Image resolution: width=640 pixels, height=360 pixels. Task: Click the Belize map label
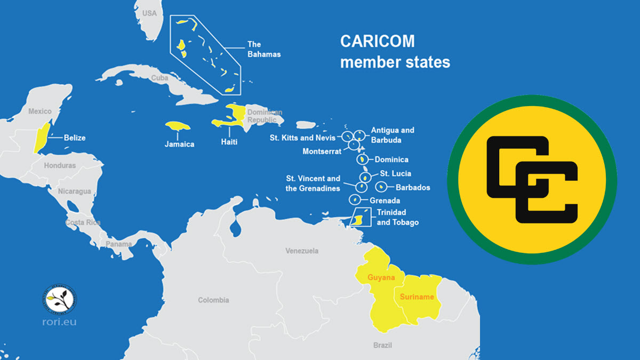[x=75, y=138]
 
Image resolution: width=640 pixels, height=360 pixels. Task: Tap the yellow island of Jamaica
[x=178, y=127]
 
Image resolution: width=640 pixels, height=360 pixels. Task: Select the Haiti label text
[x=229, y=142]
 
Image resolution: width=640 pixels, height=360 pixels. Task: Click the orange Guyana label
[x=381, y=278]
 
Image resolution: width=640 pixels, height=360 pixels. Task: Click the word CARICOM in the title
[x=377, y=42]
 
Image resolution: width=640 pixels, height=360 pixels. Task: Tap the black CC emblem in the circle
[x=532, y=179]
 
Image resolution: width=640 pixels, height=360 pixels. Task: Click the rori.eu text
[x=59, y=322]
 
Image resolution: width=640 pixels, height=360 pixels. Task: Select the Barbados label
[x=412, y=187]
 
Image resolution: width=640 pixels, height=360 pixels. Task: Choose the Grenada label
[x=385, y=201]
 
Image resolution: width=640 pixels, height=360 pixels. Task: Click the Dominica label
[x=391, y=159]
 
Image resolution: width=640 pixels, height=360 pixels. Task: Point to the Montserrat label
[x=322, y=151]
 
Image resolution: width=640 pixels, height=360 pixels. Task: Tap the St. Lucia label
[x=395, y=173]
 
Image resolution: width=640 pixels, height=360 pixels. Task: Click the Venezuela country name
[x=302, y=251]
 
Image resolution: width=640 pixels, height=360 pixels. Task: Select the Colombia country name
[x=213, y=300]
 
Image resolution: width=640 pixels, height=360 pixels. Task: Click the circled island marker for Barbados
[x=381, y=187]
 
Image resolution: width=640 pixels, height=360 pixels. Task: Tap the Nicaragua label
[x=74, y=191]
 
